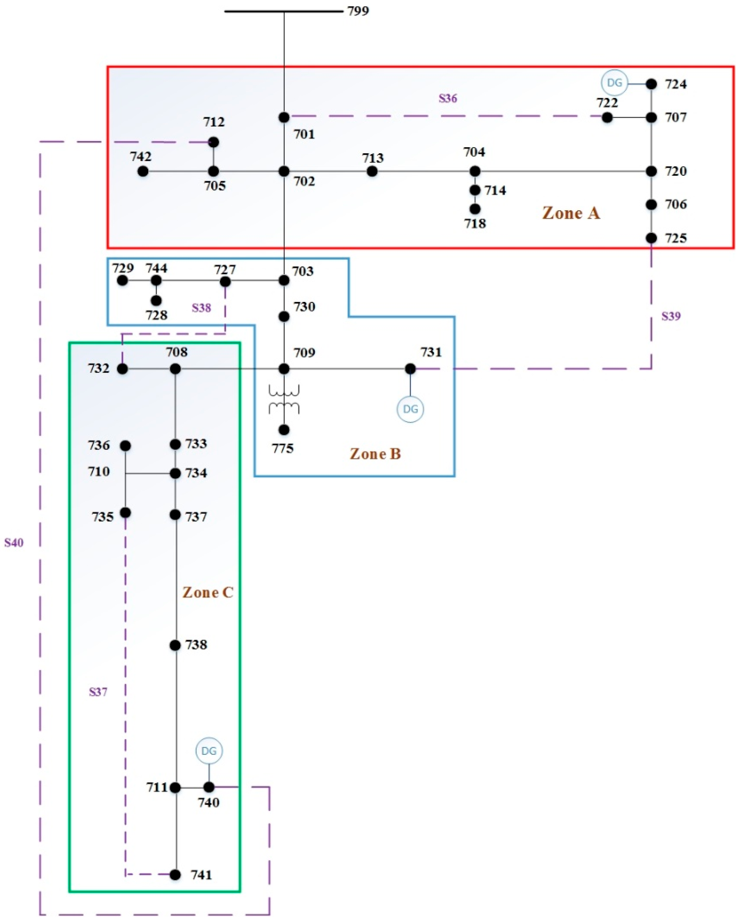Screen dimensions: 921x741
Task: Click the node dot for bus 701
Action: pyautogui.click(x=284, y=117)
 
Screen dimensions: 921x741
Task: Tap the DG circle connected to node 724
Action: pyautogui.click(x=614, y=82)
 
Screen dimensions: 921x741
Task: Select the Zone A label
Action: pyautogui.click(x=571, y=213)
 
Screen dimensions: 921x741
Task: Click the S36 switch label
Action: pyautogui.click(x=447, y=99)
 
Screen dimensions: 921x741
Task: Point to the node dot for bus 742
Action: pyautogui.click(x=143, y=171)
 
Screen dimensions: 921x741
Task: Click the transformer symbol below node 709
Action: pyautogui.click(x=284, y=399)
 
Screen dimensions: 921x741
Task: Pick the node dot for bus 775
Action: pyautogui.click(x=284, y=430)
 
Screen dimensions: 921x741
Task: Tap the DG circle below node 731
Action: pyautogui.click(x=410, y=409)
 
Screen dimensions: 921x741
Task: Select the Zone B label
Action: pyautogui.click(x=375, y=454)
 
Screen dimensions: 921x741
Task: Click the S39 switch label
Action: pyautogui.click(x=671, y=317)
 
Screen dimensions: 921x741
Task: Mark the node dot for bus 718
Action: pyautogui.click(x=475, y=209)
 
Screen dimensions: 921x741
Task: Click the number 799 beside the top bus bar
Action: pyautogui.click(x=358, y=11)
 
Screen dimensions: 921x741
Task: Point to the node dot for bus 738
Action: pyautogui.click(x=175, y=645)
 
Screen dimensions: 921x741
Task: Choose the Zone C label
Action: pyautogui.click(x=208, y=592)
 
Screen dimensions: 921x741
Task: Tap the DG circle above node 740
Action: pyautogui.click(x=209, y=751)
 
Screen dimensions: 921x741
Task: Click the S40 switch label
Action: pyautogui.click(x=14, y=543)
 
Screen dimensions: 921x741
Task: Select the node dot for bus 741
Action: pyautogui.click(x=175, y=875)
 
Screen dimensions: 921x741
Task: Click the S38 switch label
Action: pyautogui.click(x=201, y=308)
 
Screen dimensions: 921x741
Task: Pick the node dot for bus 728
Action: pyautogui.click(x=156, y=301)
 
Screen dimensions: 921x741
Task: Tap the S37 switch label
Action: pyautogui.click(x=98, y=692)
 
